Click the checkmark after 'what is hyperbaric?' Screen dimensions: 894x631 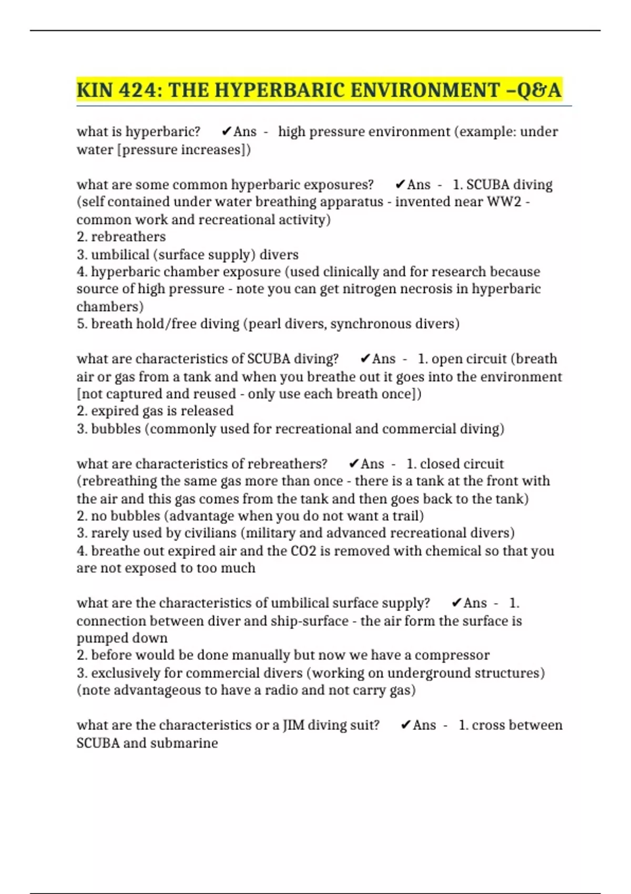pos(227,131)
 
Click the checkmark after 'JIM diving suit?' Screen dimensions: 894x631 pos(405,725)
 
